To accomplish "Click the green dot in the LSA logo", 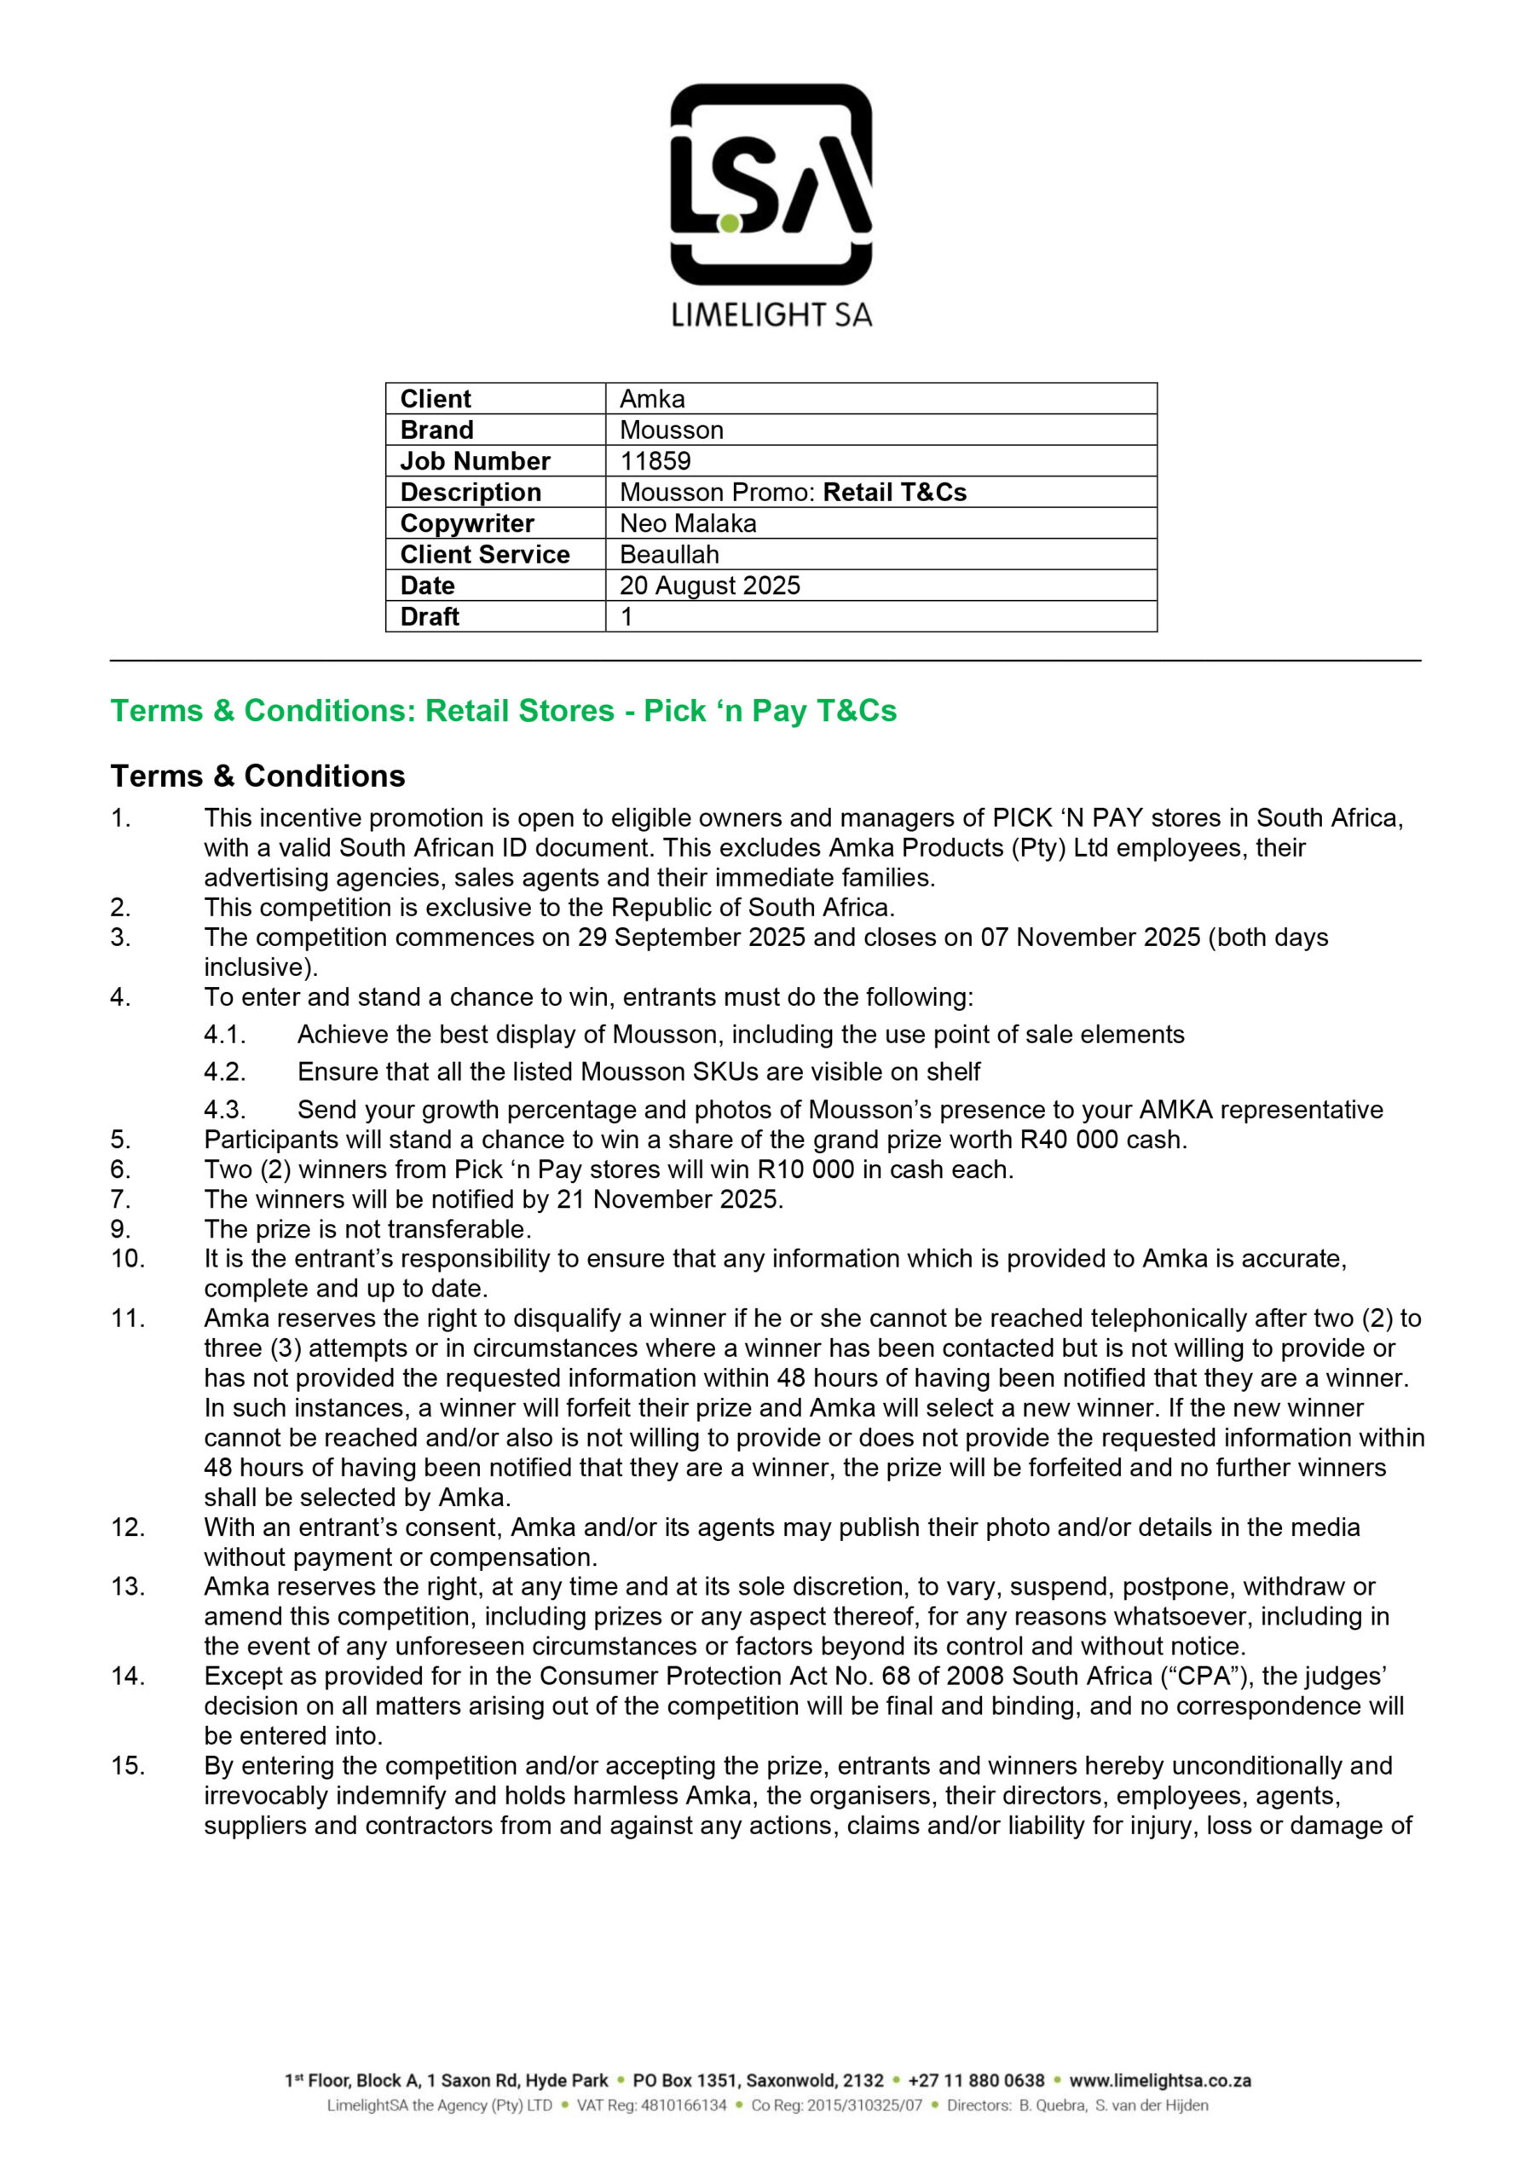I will pyautogui.click(x=729, y=223).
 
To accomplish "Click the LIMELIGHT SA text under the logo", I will pyautogui.click(x=771, y=315).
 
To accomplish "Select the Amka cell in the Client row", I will pyautogui.click(x=652, y=399).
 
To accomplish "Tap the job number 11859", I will pyautogui.click(x=655, y=461).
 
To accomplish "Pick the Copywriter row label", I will pyautogui.click(x=467, y=523).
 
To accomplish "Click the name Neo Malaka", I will pyautogui.click(x=688, y=523).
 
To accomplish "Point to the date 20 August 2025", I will pyautogui.click(x=710, y=586).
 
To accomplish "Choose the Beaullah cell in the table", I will pyautogui.click(x=669, y=554).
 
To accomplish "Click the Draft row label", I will pyautogui.click(x=430, y=617).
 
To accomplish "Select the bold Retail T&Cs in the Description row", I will pyautogui.click(x=894, y=493).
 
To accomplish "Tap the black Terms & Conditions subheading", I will pyautogui.click(x=257, y=776).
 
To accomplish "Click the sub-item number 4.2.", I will pyautogui.click(x=224, y=1072).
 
